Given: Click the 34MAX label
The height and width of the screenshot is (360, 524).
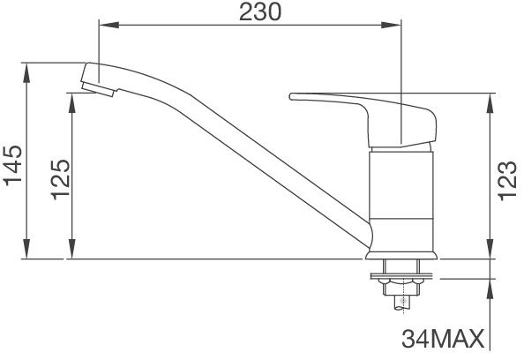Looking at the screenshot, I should (444, 340).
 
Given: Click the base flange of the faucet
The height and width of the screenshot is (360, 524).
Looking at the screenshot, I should (400, 256).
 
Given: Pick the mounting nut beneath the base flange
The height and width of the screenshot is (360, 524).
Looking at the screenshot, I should (400, 284).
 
